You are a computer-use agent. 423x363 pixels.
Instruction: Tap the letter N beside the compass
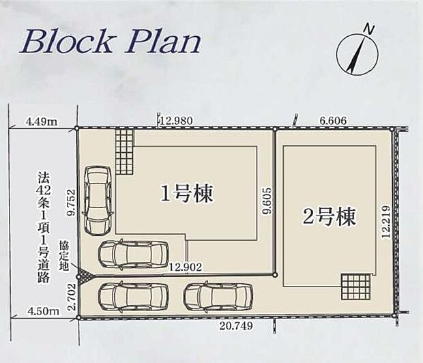pos(368,29)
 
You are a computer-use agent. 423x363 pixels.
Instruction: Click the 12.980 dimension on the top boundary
pos(176,121)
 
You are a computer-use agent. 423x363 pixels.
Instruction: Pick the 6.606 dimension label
pos(333,121)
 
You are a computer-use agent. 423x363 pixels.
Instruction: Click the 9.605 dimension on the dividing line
pos(267,202)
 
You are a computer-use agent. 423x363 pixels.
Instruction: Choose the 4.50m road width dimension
pos(42,311)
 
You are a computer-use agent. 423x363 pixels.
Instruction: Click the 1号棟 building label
pos(187,194)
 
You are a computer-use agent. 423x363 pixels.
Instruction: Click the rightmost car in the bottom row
pos(218,296)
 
